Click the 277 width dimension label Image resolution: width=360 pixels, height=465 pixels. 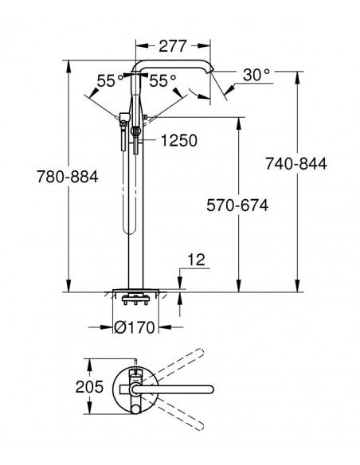pos(173,45)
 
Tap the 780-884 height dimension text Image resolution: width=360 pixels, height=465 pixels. pos(68,177)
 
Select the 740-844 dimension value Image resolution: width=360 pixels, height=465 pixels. pos(296,163)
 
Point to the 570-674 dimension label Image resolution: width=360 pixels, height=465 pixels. pos(237,205)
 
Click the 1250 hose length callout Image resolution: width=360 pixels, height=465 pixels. pos(179,140)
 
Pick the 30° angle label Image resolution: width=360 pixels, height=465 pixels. pos(256,75)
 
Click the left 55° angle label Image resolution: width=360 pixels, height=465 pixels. pos(110,80)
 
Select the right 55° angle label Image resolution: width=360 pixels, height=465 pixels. pos(162,80)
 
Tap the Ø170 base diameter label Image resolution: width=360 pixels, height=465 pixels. pos(135,327)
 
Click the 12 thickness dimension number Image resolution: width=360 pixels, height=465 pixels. pos(196,260)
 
